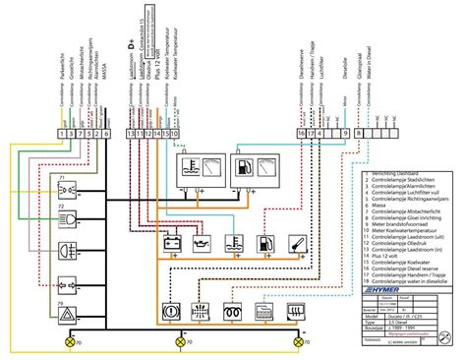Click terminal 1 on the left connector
62,133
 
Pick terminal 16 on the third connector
301,133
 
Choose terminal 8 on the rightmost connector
359,133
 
